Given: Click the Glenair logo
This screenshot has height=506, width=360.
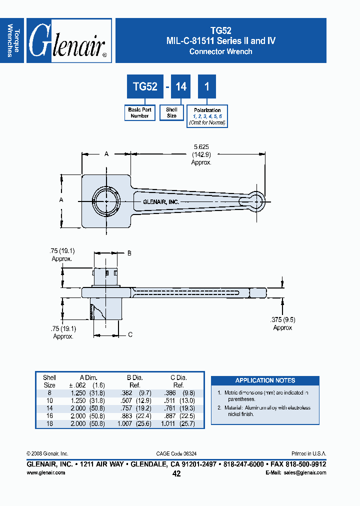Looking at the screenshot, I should click(68, 40).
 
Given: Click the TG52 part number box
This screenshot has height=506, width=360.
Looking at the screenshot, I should click(145, 86).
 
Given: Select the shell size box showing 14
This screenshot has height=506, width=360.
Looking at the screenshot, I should click(181, 86).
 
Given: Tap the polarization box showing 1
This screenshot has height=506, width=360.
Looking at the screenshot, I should click(206, 86).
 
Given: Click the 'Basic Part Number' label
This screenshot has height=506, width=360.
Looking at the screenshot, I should click(139, 112).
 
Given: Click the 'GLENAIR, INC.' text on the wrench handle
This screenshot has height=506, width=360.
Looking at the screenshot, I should click(160, 202).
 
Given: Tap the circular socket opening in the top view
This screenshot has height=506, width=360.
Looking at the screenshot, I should click(106, 201).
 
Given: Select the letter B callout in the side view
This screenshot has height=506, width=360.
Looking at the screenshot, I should click(129, 253).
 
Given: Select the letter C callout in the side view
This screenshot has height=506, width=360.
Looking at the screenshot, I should click(130, 334).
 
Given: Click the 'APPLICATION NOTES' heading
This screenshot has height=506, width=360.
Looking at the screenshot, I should click(265, 380).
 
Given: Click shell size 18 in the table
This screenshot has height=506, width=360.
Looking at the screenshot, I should click(49, 423).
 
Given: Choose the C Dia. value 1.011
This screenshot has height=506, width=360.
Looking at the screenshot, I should click(169, 423).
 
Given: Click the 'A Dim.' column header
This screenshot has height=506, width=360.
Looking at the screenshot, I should click(87, 378).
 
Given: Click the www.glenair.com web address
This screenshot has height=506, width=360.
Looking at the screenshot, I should click(45, 472).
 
